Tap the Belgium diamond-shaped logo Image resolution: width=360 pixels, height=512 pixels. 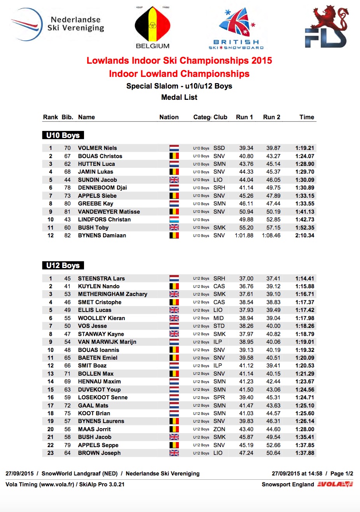(153, 25)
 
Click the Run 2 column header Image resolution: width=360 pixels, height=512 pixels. (271, 117)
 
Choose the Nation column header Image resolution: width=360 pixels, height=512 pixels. (169, 117)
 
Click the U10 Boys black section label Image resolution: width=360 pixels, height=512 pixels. (63, 135)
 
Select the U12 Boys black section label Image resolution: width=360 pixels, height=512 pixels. (63, 265)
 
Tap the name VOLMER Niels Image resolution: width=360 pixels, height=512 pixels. (97, 148)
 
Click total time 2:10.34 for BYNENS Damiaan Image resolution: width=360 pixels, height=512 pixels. (305, 235)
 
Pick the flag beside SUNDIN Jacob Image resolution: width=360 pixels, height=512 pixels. (174, 180)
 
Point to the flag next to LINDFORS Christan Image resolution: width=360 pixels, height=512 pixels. (174, 219)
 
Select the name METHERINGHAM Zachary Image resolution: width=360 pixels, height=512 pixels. (112, 294)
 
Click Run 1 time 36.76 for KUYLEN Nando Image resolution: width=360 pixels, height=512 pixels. (246, 286)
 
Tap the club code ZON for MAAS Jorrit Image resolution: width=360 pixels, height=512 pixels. (219, 429)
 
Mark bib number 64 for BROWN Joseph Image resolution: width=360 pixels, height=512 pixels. (67, 453)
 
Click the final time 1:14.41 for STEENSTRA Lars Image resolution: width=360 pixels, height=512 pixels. (305, 279)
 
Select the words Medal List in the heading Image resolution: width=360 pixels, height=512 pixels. (179, 97)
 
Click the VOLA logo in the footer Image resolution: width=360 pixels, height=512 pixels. (335, 484)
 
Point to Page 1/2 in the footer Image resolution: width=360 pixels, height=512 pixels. (342, 474)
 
